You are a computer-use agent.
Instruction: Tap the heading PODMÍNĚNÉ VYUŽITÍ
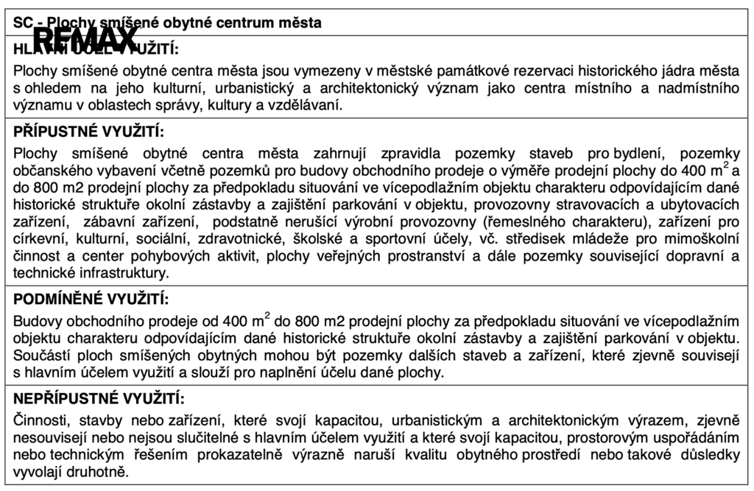91,300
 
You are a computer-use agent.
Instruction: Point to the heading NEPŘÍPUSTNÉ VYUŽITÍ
98,399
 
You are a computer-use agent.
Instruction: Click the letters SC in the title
21,23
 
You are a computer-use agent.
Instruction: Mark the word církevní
38,239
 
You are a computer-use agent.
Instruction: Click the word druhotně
96,471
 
